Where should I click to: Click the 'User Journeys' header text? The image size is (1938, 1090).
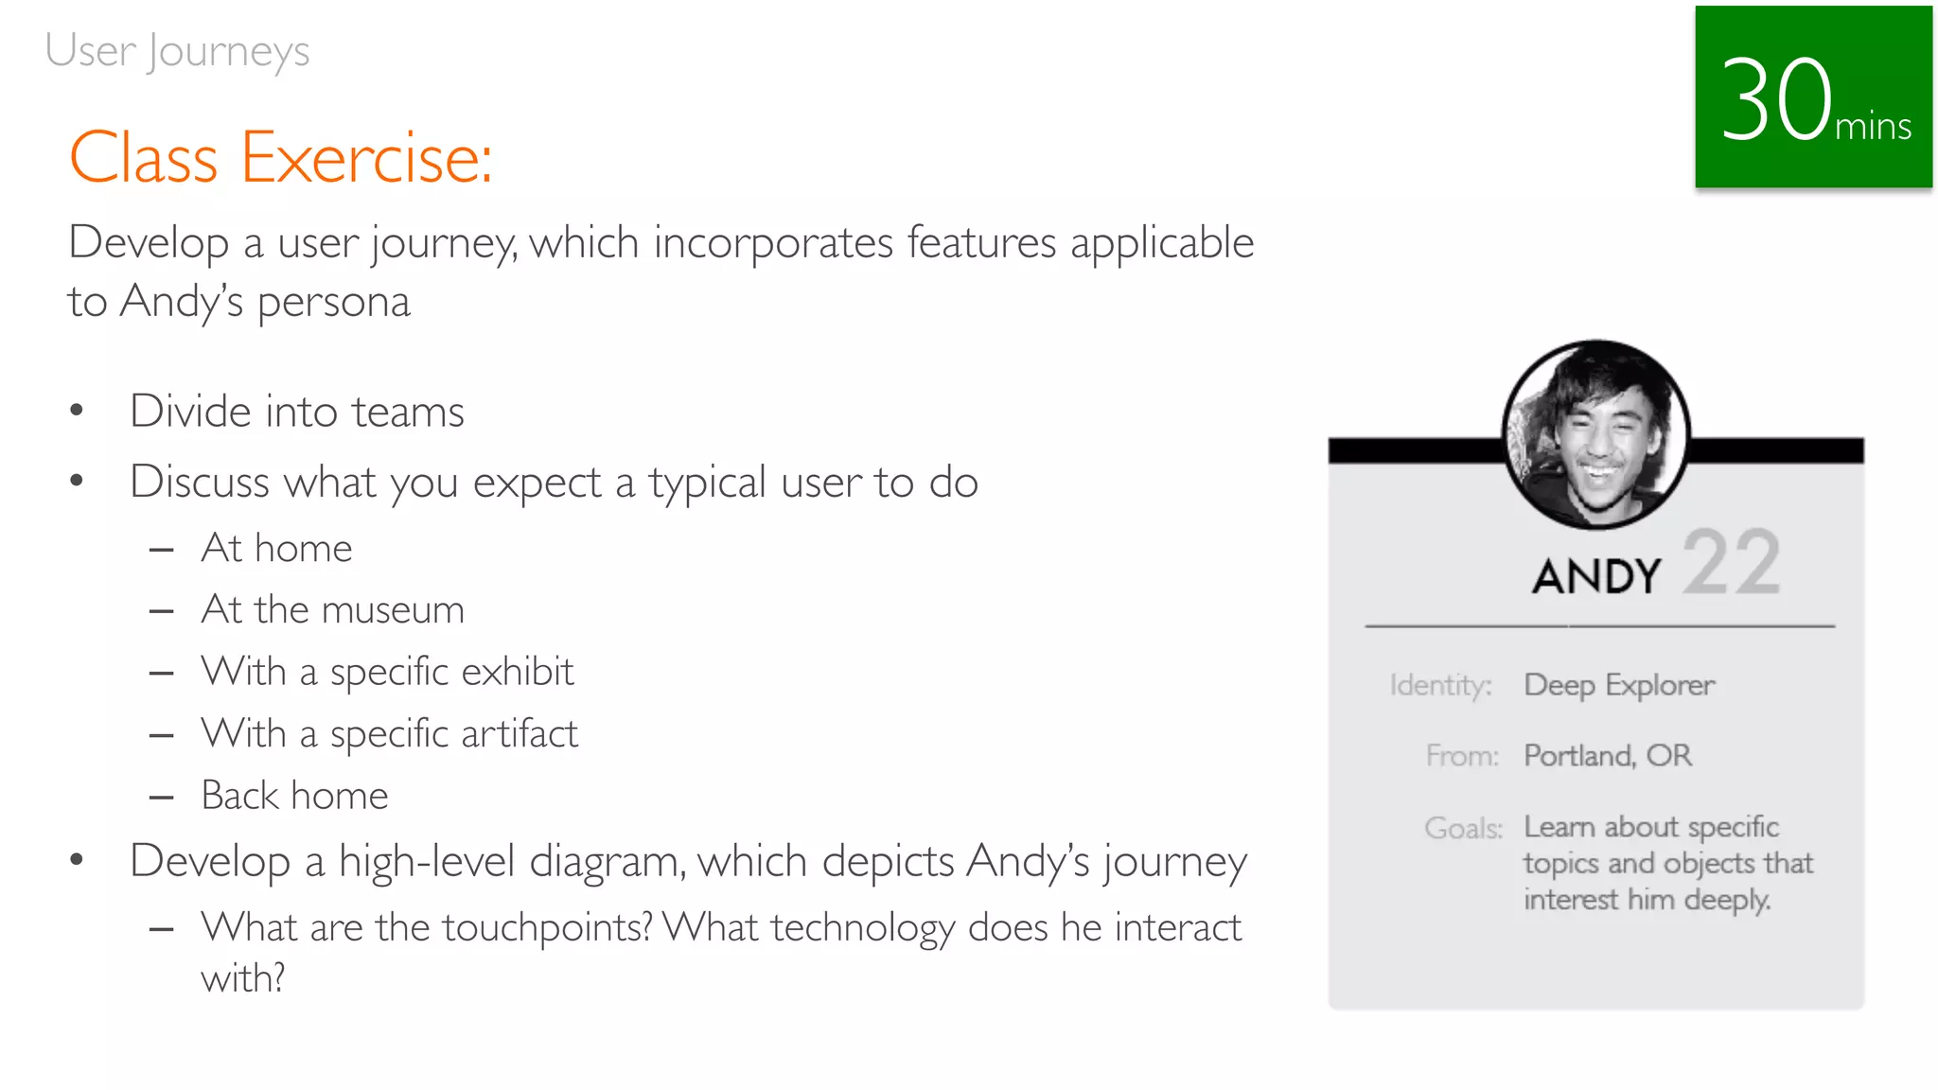point(177,51)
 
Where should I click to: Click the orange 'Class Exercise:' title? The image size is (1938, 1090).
point(281,158)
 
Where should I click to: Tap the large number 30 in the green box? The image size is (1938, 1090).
point(1775,100)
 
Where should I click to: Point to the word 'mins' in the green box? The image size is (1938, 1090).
point(1873,127)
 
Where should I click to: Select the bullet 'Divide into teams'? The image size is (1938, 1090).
point(297,412)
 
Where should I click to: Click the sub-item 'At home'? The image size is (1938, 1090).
point(276,549)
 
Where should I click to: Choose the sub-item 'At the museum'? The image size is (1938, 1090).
point(332,610)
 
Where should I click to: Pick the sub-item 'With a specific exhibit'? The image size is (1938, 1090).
point(387,672)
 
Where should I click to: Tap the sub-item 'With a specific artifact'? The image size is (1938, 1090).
point(389,734)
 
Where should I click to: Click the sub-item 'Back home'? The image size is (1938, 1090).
point(294,796)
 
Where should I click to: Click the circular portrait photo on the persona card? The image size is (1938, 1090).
point(1595,433)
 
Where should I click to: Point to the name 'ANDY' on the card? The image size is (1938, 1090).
point(1596,576)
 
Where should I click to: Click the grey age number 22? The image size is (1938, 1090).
point(1731,563)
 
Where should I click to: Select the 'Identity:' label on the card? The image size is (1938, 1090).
point(1440,685)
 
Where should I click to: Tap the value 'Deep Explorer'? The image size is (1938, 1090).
point(1618,685)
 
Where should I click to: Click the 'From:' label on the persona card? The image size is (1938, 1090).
point(1462,756)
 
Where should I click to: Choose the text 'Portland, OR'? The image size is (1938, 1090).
point(1607,756)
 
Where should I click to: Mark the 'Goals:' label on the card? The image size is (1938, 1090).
point(1463,828)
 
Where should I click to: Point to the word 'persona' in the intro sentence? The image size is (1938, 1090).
point(333,303)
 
